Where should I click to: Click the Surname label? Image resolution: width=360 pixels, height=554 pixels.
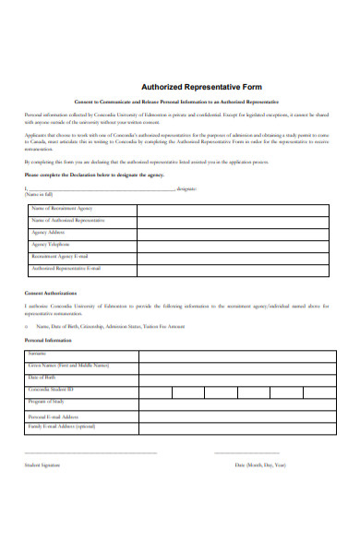point(38,354)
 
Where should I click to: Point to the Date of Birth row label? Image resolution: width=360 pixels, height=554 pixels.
point(42,378)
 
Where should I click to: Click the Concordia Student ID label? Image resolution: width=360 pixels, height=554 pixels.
point(52,390)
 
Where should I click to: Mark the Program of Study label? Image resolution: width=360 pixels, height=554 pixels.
point(46,402)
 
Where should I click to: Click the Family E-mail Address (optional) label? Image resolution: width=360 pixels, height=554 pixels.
point(62,427)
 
